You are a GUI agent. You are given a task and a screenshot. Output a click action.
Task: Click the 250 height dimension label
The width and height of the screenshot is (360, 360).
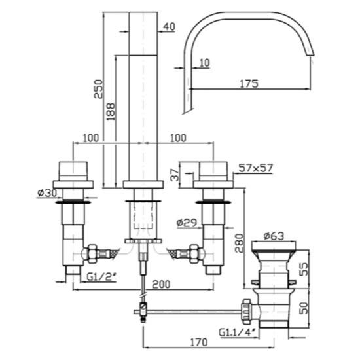coord(99,89)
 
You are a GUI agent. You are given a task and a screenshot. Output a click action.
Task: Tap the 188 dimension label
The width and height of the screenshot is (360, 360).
coord(111,112)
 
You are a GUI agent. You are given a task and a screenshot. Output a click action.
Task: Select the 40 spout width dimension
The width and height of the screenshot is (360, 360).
coord(169,27)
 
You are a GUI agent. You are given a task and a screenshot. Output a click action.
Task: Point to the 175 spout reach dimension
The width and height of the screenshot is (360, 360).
coord(249,84)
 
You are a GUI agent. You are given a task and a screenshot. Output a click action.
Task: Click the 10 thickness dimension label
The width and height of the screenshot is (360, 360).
coord(205,63)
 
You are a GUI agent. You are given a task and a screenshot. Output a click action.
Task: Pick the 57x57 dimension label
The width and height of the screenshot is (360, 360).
coord(255,168)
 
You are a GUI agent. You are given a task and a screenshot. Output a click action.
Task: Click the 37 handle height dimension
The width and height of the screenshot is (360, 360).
coord(175,175)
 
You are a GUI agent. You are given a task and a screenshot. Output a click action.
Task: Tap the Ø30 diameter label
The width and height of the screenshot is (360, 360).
coord(47,193)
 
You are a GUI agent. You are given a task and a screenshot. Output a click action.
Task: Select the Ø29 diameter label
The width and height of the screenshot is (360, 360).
coord(187,223)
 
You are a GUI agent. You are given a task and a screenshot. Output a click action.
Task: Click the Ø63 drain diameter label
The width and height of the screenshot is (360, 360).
coord(274,236)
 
